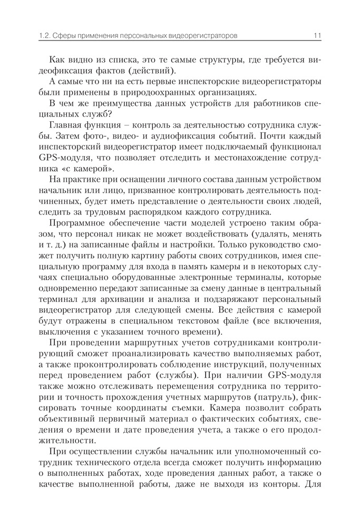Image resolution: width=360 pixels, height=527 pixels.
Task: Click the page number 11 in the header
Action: (317, 36)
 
